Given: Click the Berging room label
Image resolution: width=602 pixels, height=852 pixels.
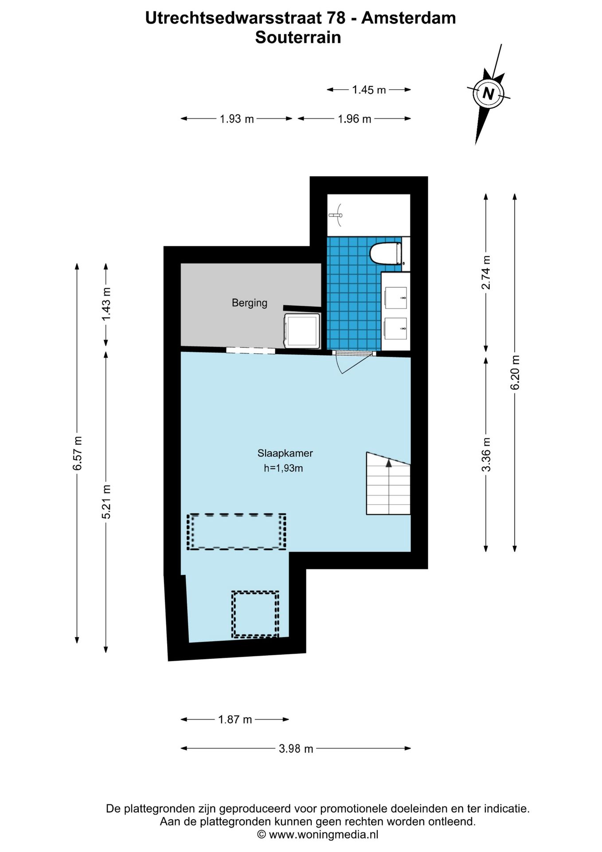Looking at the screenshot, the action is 250,303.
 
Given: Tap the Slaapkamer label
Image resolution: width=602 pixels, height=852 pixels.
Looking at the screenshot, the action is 285,453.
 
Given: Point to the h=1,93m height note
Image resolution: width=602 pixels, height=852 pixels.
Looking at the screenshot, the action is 283,468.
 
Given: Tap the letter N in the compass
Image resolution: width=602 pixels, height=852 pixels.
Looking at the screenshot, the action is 489,94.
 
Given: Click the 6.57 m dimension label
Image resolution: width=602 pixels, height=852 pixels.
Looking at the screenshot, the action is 78,453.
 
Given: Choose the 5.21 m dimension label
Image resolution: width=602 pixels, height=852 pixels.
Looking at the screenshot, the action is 106,501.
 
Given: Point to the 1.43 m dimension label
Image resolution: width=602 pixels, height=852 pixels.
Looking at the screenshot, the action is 106,304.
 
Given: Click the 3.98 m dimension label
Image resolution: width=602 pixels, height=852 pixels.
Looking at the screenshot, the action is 296,749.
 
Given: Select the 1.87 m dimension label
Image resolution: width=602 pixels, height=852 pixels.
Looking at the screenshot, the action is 235,719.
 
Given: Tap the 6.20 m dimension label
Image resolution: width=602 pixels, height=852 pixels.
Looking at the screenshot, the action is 515,373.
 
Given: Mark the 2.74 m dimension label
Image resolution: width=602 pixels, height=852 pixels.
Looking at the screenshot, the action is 486,272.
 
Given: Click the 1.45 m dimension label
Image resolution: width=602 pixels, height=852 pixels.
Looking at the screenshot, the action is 369,90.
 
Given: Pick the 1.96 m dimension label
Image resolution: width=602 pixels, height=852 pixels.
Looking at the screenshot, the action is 354,119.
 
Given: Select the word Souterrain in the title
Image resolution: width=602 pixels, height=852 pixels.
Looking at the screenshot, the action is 298,37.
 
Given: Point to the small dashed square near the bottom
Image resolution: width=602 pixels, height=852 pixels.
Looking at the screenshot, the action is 255,614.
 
